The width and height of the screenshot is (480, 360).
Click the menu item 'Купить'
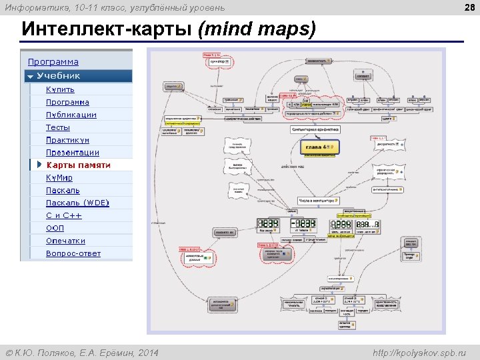[60, 89]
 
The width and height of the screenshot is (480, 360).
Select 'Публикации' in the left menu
[71, 115]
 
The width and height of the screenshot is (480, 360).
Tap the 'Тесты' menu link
[57, 127]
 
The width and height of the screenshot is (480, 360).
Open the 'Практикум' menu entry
[67, 140]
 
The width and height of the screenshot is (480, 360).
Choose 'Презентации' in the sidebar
[72, 153]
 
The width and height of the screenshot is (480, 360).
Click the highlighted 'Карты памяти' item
[78, 165]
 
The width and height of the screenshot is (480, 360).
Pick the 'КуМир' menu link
[59, 178]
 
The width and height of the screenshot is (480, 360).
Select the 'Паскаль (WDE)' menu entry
[77, 203]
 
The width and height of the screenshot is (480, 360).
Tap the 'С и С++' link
[63, 215]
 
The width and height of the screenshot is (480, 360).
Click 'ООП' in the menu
[55, 228]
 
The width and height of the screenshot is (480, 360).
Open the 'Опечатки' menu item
[65, 241]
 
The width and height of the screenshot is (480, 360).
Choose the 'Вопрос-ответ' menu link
[73, 253]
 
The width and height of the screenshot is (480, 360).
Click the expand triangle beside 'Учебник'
[29, 76]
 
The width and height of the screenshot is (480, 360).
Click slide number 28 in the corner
[469, 7]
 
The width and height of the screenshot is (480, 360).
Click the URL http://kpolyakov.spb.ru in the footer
[420, 352]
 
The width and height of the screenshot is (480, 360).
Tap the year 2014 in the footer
[147, 352]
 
